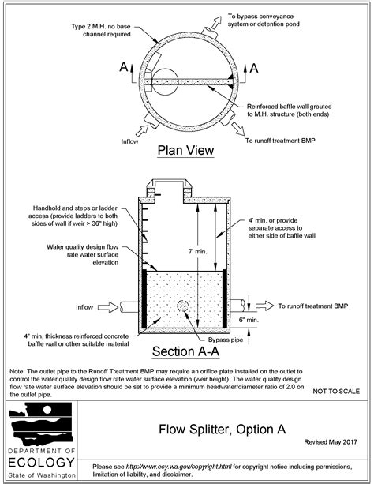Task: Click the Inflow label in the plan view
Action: [130, 142]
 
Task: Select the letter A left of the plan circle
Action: [124, 69]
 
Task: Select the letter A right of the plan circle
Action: [252, 69]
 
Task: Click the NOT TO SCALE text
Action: [338, 391]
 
